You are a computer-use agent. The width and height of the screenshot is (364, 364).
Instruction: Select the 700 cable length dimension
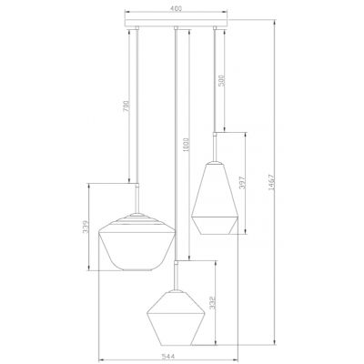point(124,105)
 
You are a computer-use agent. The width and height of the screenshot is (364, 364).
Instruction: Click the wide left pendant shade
point(137,246)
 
